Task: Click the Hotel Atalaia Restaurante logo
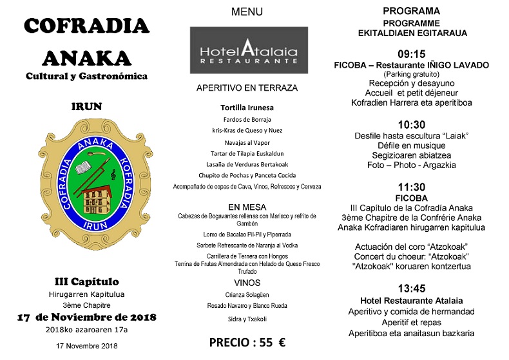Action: (x=249, y=50)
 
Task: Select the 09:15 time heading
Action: (x=412, y=53)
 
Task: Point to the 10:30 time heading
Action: (x=412, y=124)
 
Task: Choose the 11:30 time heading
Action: (x=412, y=186)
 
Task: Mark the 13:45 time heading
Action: (x=412, y=289)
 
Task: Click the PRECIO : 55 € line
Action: (x=247, y=343)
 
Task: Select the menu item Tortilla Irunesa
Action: (x=247, y=108)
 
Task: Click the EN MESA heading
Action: (x=247, y=207)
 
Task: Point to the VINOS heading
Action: (x=247, y=283)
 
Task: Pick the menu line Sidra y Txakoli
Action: (x=247, y=319)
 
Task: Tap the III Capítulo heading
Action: (x=86, y=281)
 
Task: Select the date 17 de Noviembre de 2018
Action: (x=86, y=317)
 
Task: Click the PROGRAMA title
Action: (x=412, y=11)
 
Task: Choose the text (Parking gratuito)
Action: (x=412, y=74)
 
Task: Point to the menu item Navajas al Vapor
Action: (x=247, y=142)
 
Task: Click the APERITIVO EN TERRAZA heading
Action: (x=247, y=88)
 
